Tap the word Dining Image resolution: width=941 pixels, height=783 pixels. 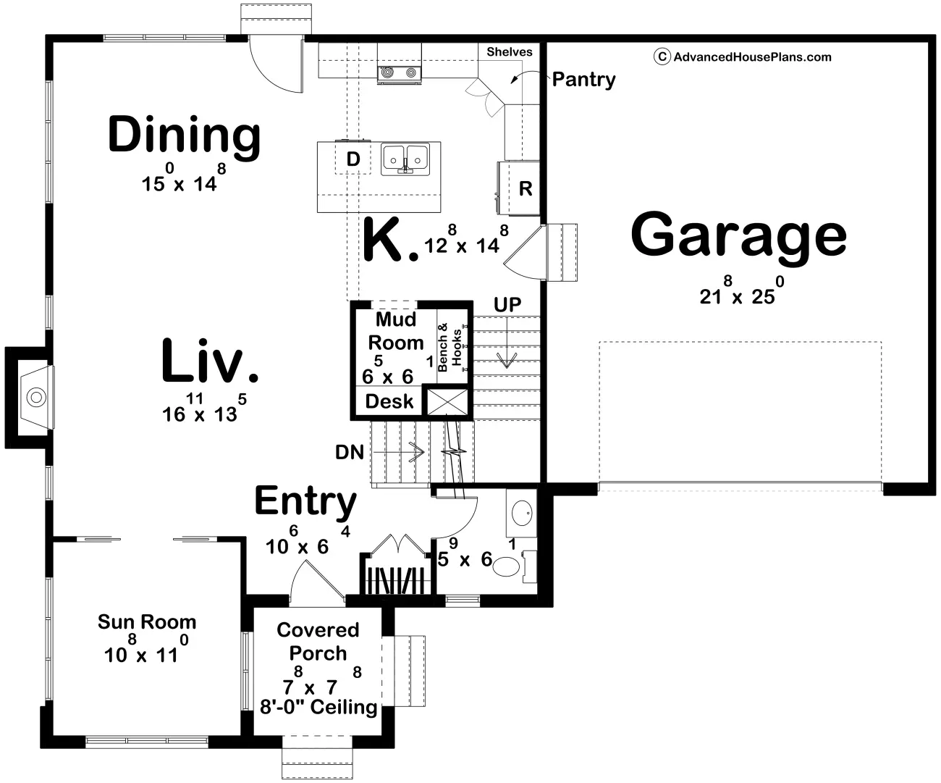click(x=184, y=137)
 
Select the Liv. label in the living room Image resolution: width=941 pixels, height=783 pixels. click(x=210, y=361)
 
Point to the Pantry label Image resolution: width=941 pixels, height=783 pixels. click(x=583, y=80)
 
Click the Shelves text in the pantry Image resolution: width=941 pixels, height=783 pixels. click(x=510, y=52)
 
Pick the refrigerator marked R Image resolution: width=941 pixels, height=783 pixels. click(x=519, y=188)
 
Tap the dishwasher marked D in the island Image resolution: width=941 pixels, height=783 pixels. click(x=353, y=159)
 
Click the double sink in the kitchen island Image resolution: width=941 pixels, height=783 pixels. click(x=405, y=159)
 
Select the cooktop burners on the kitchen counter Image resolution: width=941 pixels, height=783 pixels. click(x=399, y=72)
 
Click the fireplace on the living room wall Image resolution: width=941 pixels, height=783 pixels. click(x=36, y=398)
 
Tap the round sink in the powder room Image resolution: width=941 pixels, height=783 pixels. click(x=522, y=513)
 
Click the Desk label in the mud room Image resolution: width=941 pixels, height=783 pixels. click(x=389, y=401)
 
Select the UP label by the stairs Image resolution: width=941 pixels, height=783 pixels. click(x=507, y=305)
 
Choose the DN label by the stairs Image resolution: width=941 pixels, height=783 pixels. click(x=350, y=453)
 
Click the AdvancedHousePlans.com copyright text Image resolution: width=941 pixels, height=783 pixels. click(x=743, y=56)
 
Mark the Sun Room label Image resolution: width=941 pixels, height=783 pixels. click(x=147, y=622)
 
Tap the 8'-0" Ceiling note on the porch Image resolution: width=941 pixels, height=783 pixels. click(x=318, y=707)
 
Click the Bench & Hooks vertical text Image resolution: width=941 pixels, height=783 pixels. click(x=450, y=347)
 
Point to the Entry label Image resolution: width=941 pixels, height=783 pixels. click(x=305, y=502)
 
